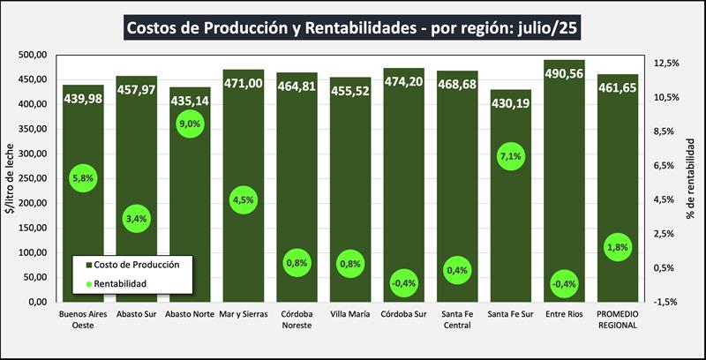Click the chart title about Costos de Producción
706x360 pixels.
coord(353,27)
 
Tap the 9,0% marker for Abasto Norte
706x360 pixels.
coord(190,124)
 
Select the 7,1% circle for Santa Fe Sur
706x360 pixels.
coord(511,157)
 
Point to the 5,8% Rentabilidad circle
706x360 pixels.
coord(83,178)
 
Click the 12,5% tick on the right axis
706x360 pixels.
coord(666,64)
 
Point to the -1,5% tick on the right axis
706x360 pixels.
coord(665,302)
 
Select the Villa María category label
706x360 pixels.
coord(350,313)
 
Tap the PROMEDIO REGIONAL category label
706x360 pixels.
coord(618,319)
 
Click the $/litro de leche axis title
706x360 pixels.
coord(10,177)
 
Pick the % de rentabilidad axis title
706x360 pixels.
coord(693,178)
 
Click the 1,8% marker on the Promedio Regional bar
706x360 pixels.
coord(618,248)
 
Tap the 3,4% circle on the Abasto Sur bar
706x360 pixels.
coord(136,217)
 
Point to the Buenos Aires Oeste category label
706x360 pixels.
coord(83,319)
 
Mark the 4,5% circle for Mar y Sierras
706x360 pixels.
coord(243,199)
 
